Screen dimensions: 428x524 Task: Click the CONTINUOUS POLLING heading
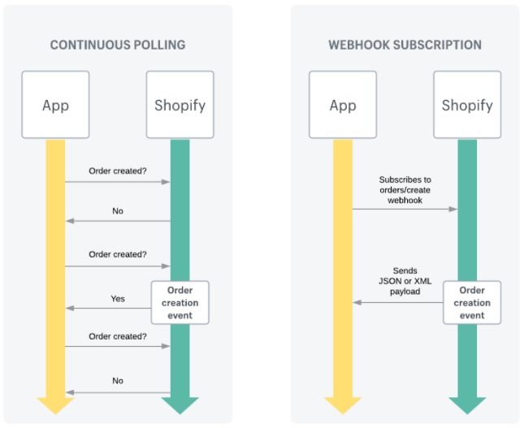click(117, 45)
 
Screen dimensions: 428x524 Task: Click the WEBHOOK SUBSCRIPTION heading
click(405, 45)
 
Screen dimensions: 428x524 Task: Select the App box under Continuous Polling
click(55, 105)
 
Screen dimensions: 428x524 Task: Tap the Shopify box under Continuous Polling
click(180, 105)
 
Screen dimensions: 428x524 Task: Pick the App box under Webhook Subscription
click(342, 105)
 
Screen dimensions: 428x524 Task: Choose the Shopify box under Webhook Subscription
click(466, 105)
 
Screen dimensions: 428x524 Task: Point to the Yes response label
click(118, 298)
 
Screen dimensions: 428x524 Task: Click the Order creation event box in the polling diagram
click(180, 302)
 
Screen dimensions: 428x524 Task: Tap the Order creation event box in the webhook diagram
click(471, 302)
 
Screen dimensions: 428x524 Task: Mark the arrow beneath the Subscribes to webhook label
click(405, 209)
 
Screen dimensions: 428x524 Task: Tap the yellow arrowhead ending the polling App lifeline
click(55, 404)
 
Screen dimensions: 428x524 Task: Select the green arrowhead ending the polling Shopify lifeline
click(180, 404)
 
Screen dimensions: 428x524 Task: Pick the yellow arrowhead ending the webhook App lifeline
click(342, 404)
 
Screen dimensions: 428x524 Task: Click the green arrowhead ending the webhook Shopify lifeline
click(466, 404)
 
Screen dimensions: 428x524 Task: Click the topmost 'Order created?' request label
click(118, 171)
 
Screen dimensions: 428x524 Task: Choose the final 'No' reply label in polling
click(118, 380)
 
